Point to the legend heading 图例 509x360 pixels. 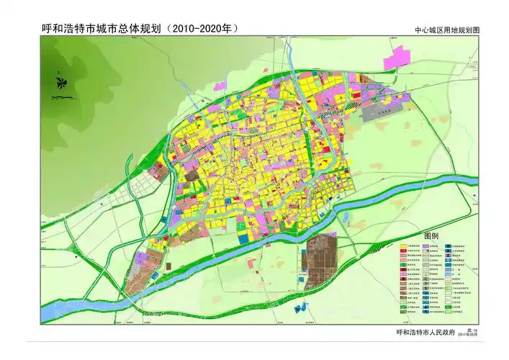pos(431,236)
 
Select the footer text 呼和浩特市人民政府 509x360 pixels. pos(426,333)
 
